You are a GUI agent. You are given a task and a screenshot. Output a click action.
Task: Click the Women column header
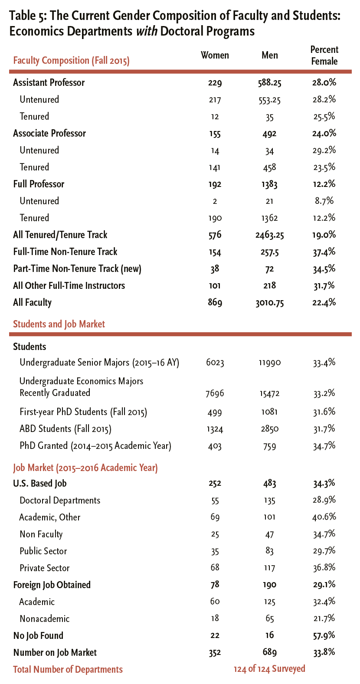(x=215, y=56)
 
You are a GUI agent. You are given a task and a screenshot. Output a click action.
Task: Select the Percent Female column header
(x=324, y=56)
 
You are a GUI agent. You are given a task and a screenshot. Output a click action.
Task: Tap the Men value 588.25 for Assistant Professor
(x=269, y=83)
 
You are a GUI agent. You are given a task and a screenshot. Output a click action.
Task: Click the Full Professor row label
(x=39, y=184)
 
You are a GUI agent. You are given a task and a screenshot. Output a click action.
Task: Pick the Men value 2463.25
(x=269, y=235)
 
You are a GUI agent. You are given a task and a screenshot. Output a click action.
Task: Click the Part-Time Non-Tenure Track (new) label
(x=77, y=269)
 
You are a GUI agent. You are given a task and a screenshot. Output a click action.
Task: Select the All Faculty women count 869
(x=215, y=303)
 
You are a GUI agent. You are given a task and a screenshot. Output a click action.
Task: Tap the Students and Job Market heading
(x=59, y=324)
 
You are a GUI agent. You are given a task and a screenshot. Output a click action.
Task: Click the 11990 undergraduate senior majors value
(x=269, y=363)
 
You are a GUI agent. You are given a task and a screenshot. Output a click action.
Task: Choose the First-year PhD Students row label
(x=83, y=412)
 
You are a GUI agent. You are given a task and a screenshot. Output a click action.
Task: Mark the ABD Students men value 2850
(x=269, y=429)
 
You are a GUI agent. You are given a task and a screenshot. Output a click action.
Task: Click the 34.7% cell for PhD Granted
(x=324, y=446)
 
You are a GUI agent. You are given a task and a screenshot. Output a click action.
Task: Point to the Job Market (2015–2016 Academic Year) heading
(x=85, y=468)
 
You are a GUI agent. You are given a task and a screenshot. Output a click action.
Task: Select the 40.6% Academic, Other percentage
(x=324, y=517)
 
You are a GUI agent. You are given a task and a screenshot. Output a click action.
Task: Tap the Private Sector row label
(x=45, y=568)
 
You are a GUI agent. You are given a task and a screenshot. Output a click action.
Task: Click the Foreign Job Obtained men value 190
(x=269, y=585)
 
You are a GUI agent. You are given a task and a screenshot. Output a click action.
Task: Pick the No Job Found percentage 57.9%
(x=324, y=636)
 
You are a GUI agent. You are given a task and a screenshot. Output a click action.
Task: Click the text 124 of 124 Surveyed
(x=269, y=669)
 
